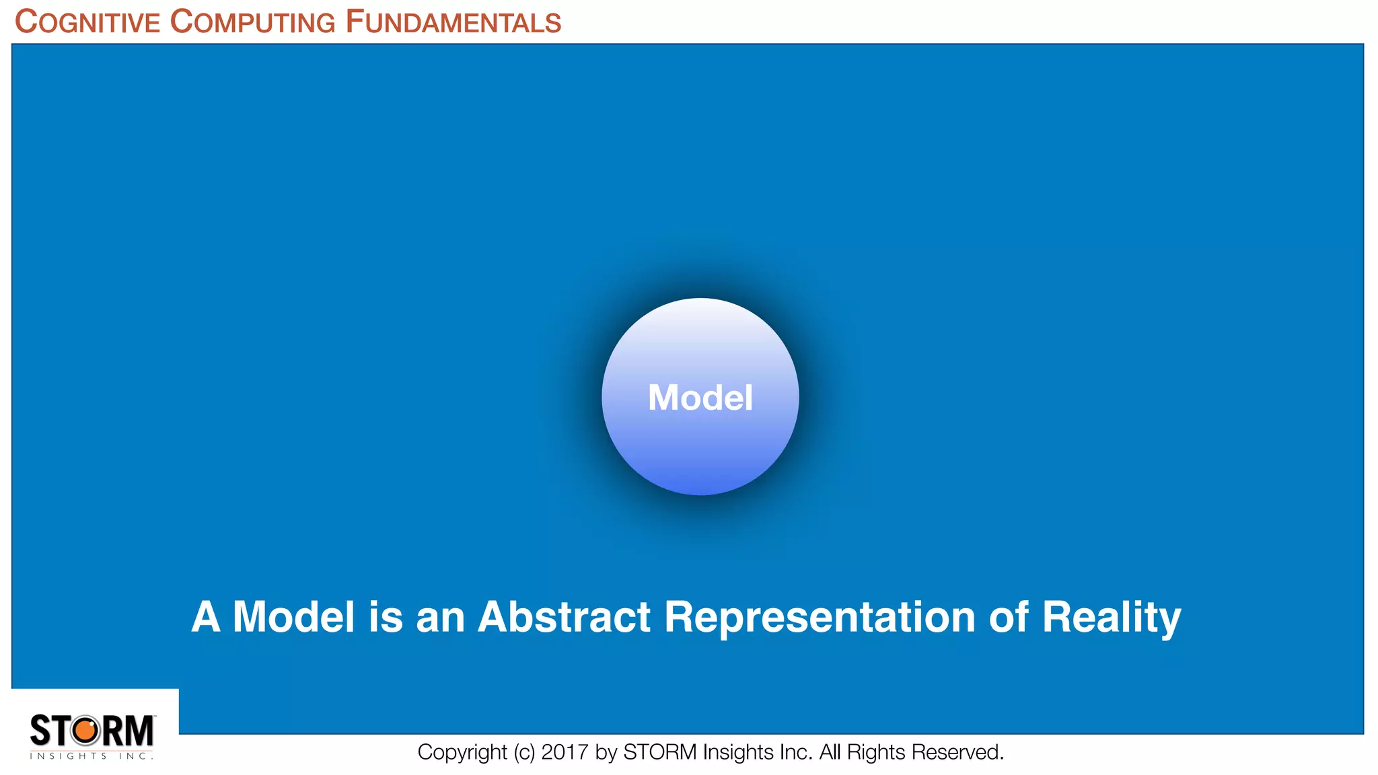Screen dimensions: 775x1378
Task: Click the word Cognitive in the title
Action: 87,22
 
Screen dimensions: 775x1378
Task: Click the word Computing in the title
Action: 252,22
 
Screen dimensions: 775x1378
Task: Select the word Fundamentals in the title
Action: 453,22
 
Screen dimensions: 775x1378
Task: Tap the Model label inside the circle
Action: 700,398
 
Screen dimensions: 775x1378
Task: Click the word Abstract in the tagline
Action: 564,616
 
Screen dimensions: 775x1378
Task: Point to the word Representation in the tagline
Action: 820,616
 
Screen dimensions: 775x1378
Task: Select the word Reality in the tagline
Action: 1111,618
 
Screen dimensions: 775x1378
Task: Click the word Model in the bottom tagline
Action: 293,616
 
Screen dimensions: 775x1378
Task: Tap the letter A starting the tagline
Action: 206,616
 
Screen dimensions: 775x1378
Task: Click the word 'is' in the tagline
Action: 385,616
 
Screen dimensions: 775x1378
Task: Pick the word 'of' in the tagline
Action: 1008,616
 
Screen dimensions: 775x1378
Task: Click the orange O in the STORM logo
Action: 85,731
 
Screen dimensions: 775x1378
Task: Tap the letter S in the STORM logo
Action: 40,731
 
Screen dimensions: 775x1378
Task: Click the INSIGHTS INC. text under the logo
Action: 92,756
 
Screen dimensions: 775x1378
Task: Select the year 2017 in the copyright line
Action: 565,752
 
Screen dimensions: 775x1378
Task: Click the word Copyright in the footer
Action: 462,752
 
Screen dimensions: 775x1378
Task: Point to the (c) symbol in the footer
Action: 524,752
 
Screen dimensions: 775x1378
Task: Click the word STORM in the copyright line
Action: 659,752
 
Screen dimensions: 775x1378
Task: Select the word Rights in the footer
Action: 876,752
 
